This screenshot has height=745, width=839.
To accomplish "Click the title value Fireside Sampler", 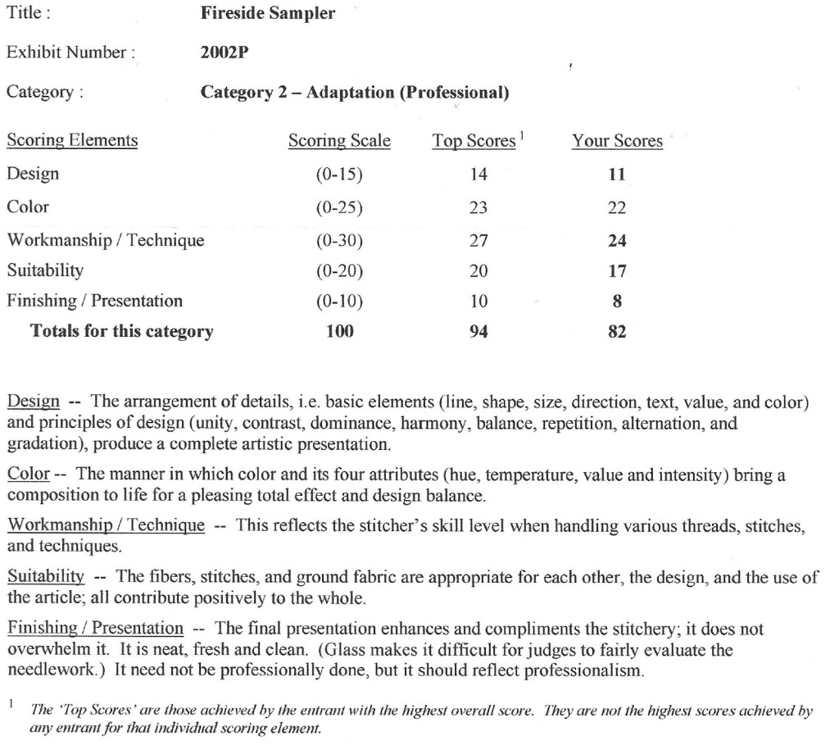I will tap(267, 14).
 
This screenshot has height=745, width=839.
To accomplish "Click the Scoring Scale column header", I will tap(339, 141).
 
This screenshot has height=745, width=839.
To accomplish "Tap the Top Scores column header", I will tap(474, 141).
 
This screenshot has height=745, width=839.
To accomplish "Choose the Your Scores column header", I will tap(617, 141).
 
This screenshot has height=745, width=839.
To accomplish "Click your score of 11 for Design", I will tap(617, 175).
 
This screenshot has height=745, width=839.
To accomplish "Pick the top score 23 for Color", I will tap(478, 208).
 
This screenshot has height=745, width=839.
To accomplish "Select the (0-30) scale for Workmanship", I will tap(339, 241).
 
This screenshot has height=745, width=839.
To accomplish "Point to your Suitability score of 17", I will tap(617, 270).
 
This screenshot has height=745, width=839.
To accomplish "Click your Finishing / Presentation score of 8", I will tap(617, 301).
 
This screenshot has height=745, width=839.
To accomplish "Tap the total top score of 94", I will tap(478, 332).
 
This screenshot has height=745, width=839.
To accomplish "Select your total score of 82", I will tap(617, 332).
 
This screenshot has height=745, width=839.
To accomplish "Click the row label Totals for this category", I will tap(121, 332).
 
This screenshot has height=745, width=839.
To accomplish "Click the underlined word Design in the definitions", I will tap(33, 402).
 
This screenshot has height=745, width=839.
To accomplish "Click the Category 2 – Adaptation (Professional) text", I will tap(355, 93).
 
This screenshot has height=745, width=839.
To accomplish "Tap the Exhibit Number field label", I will tap(70, 52).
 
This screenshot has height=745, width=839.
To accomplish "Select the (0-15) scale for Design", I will tap(339, 175).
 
